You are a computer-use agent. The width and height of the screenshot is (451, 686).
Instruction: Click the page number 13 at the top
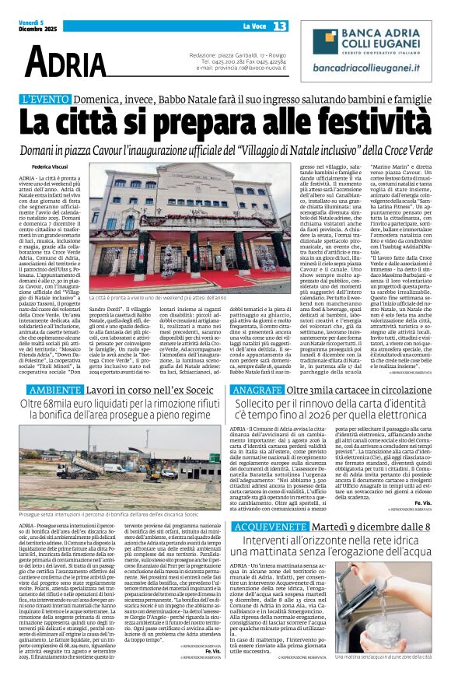(280, 26)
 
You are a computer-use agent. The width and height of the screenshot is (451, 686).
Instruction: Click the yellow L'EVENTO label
(46, 100)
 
